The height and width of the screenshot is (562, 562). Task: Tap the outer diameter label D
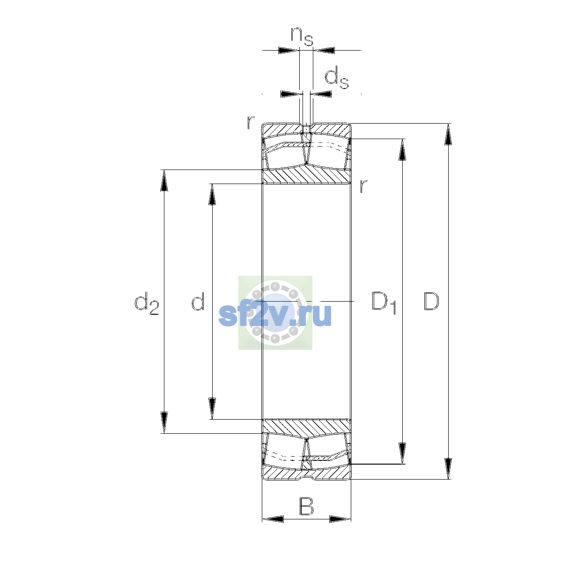tap(431, 301)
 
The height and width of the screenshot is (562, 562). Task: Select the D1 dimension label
tap(384, 303)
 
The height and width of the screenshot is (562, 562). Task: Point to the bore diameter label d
tap(198, 301)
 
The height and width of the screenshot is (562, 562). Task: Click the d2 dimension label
tap(147, 303)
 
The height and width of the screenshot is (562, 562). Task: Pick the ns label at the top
tap(302, 37)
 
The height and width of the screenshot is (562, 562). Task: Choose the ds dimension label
tap(337, 77)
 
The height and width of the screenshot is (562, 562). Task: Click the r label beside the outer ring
tap(251, 123)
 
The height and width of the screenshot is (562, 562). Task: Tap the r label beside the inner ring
tap(363, 186)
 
